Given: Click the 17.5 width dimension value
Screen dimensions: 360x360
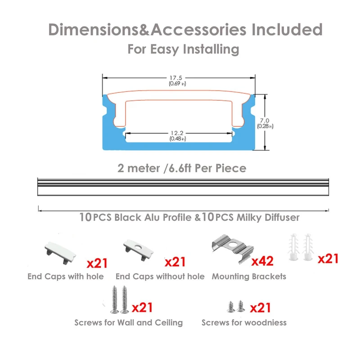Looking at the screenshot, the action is [177, 77].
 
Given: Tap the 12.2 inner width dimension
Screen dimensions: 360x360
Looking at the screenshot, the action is [177, 133].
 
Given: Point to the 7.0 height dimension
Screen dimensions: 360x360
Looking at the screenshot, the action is [265, 120].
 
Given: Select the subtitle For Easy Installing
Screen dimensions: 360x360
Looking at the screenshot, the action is [183, 49].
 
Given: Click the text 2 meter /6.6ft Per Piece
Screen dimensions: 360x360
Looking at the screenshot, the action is [182, 169].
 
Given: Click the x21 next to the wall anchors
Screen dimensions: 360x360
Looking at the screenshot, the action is [328, 259].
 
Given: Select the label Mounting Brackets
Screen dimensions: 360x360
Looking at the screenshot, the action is [249, 276].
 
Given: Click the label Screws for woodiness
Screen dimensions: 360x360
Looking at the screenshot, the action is [244, 322].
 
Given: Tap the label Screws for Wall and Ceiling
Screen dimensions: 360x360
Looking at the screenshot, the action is [129, 322].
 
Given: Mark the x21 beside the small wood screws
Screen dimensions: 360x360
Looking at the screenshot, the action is [261, 308].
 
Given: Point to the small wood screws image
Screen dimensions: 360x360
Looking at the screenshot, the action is [236, 306].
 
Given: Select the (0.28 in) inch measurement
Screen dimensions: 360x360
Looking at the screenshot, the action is [265, 126].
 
